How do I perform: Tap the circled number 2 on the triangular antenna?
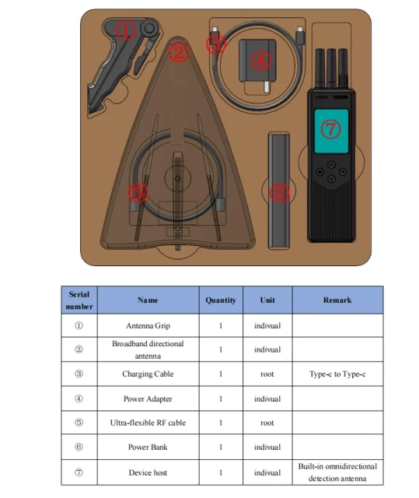[x=180, y=53]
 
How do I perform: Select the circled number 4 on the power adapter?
[x=262, y=59]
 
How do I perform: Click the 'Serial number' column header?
[x=79, y=300]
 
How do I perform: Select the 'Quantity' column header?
[x=220, y=300]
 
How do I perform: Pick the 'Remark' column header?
[x=337, y=300]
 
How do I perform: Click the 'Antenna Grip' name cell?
[x=148, y=326]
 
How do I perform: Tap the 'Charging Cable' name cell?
[x=148, y=374]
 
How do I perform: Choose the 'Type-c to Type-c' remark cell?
[x=337, y=374]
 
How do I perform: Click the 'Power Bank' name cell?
[x=148, y=447]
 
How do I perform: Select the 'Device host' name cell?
[x=148, y=472]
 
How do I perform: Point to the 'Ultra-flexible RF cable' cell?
[x=148, y=423]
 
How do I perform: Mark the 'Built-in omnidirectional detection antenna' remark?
[x=337, y=472]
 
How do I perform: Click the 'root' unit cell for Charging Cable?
[x=267, y=374]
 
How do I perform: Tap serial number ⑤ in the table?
[x=79, y=423]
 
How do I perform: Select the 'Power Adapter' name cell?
[x=148, y=399]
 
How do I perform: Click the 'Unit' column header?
[x=267, y=300]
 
